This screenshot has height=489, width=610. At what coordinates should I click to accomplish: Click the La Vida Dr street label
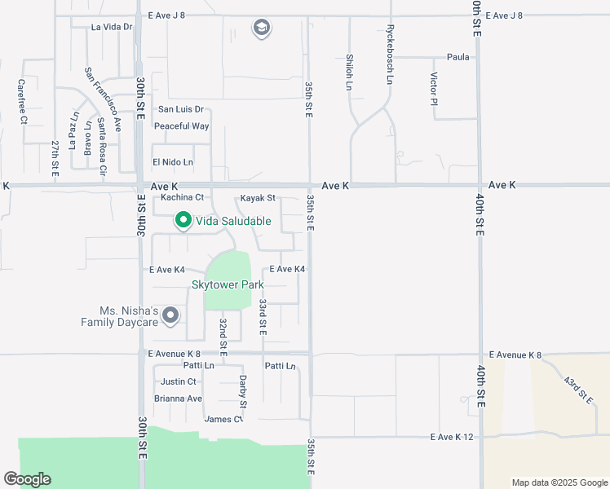[x=112, y=27]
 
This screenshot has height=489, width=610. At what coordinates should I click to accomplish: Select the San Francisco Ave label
[x=103, y=99]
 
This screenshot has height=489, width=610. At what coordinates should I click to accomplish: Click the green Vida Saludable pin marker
[x=183, y=220]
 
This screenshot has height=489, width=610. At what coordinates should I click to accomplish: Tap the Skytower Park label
[x=228, y=285]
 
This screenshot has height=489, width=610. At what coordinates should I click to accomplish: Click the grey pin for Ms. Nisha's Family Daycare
[x=170, y=315]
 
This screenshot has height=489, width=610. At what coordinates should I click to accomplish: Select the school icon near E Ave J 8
[x=261, y=29]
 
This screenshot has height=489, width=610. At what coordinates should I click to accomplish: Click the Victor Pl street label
[x=434, y=90]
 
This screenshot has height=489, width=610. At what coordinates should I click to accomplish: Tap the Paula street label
[x=457, y=57]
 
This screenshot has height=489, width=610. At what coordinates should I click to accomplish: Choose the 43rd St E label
[x=578, y=390]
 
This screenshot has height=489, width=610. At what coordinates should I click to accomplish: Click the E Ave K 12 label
[x=452, y=438]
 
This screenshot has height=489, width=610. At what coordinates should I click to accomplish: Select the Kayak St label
[x=259, y=198]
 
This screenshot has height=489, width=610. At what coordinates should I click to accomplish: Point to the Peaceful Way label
[x=182, y=126]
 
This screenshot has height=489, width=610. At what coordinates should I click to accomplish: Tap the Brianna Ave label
[x=178, y=399]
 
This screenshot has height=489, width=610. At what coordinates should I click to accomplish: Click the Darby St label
[x=242, y=391]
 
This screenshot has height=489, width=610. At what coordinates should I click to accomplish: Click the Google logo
[x=27, y=479]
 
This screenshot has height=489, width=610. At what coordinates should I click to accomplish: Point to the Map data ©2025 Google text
[x=559, y=482]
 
